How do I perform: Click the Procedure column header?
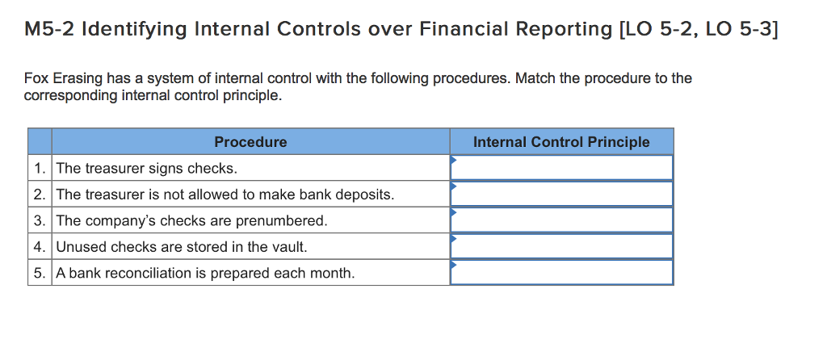tap(250, 142)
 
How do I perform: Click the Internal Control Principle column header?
tap(561, 142)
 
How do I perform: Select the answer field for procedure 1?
tap(561, 168)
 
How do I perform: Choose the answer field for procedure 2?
tap(561, 194)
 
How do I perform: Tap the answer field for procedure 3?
tap(561, 220)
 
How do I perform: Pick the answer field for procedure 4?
tap(561, 246)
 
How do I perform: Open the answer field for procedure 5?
tap(561, 272)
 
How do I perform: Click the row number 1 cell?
tap(40, 168)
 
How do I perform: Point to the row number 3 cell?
tap(40, 220)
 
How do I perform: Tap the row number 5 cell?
tap(40, 273)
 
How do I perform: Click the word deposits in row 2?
tap(367, 195)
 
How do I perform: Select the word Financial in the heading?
tap(448, 30)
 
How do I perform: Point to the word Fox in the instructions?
tap(36, 78)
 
